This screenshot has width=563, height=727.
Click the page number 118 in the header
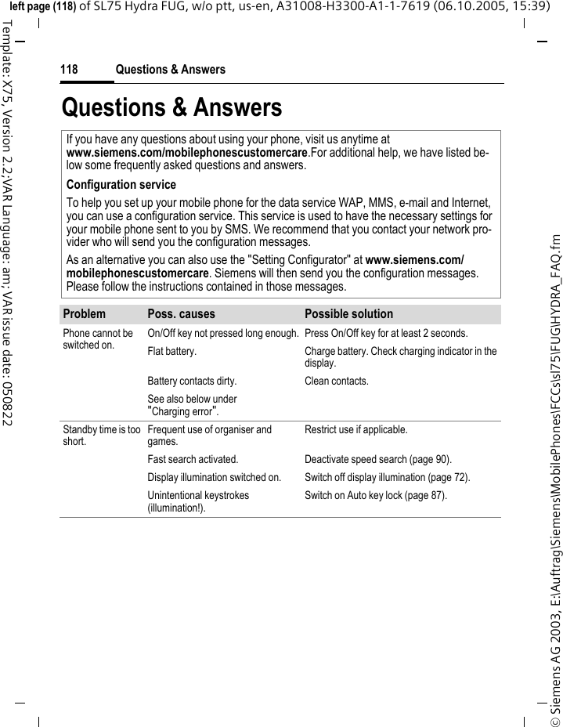point(69,71)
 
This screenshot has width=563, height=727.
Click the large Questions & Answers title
point(171,107)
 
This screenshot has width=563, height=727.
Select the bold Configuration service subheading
point(121,186)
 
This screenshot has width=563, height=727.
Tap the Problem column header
point(84,314)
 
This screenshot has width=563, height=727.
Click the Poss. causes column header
point(181,314)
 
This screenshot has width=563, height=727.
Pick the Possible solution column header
point(348,314)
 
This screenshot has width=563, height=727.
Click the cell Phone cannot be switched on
point(98,338)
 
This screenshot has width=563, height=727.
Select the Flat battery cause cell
point(171,351)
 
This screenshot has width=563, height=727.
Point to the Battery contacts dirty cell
point(192,382)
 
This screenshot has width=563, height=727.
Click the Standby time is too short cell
point(102,435)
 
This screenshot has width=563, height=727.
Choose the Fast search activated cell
point(193,460)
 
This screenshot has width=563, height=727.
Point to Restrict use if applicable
point(352,430)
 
